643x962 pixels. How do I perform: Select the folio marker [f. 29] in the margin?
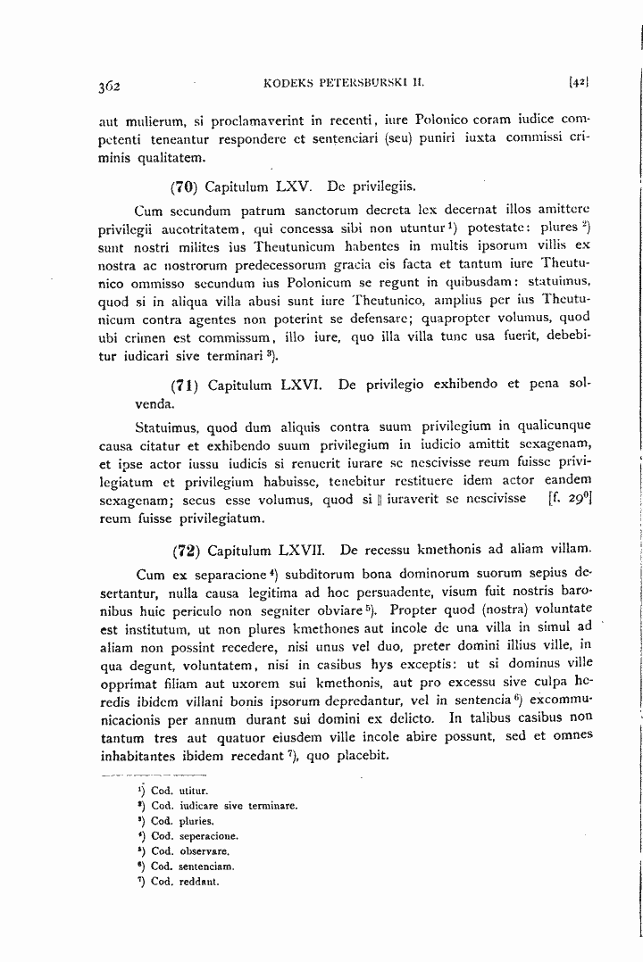tap(573, 500)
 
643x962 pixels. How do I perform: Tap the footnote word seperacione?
tap(208, 836)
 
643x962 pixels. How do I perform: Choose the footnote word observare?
tap(205, 851)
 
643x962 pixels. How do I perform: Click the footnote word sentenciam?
tap(207, 867)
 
